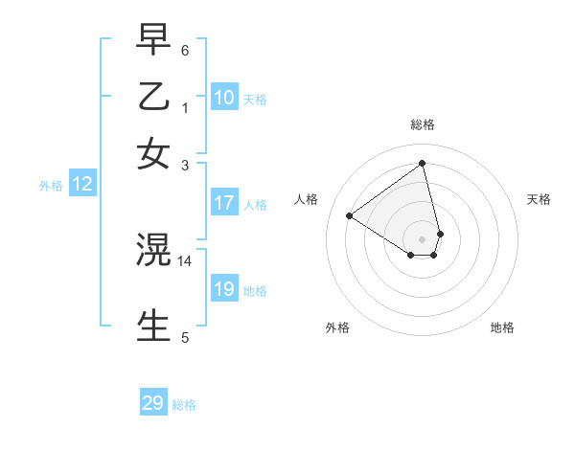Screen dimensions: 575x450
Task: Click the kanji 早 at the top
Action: (x=153, y=38)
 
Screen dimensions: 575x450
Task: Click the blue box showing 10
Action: (x=224, y=98)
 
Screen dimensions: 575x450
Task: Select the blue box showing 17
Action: (x=224, y=203)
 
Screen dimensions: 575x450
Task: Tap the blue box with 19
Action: (x=224, y=289)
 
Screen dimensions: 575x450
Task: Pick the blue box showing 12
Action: (x=82, y=185)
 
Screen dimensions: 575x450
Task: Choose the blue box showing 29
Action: (x=153, y=403)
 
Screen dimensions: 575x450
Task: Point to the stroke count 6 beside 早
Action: (x=185, y=49)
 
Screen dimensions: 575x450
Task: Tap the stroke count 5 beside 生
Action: (x=185, y=337)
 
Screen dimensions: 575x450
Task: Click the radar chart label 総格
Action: (x=423, y=124)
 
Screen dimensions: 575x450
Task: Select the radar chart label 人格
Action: (x=307, y=199)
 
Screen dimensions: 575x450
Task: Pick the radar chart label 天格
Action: (x=539, y=199)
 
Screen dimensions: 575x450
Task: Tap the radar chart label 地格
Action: (x=502, y=327)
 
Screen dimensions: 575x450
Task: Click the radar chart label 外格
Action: (x=337, y=327)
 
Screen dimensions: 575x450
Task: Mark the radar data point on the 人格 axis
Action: (x=350, y=216)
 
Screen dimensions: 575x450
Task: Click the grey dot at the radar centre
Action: (x=423, y=239)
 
